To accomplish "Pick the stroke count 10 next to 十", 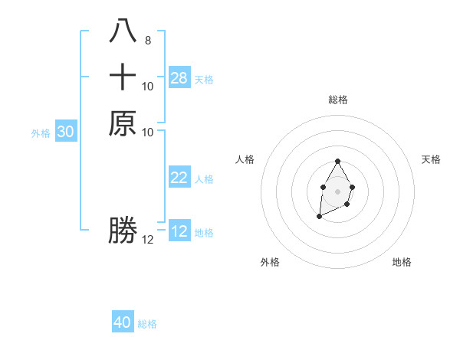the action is (148, 87).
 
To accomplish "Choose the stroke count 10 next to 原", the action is (148, 132).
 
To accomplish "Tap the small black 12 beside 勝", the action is (148, 240).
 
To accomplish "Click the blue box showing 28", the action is (179, 78).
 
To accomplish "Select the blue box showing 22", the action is (179, 178).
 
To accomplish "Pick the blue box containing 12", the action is (179, 231).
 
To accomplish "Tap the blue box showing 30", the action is (66, 132).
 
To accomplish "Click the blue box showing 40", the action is (123, 322).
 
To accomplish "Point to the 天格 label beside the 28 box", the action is (204, 79).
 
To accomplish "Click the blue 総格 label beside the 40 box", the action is (147, 324).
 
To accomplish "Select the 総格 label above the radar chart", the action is (338, 100).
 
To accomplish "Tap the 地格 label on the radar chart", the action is (402, 262).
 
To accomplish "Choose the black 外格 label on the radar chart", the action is (270, 262).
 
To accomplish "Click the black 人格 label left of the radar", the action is (245, 159).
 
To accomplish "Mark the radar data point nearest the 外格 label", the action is (319, 218).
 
